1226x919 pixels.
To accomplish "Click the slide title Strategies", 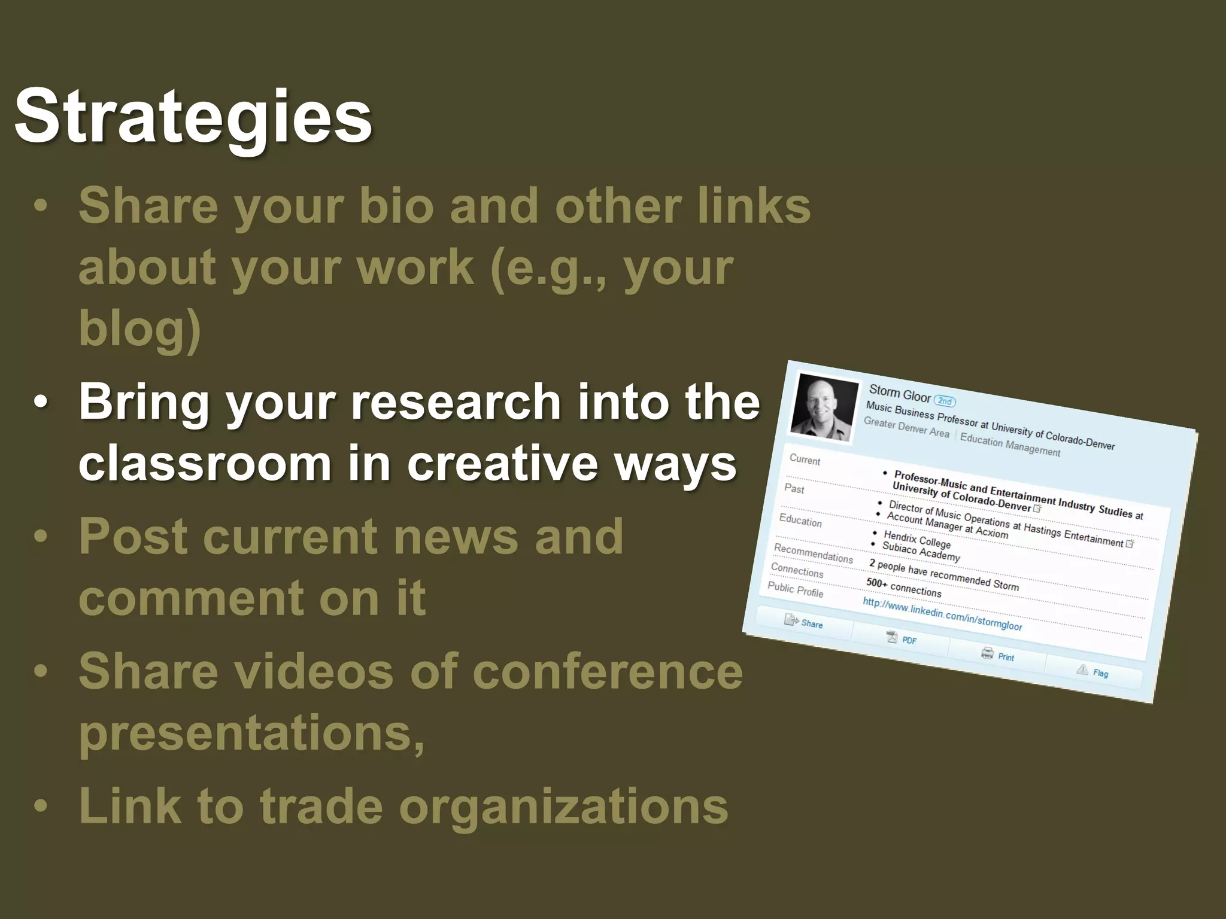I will pos(193,117).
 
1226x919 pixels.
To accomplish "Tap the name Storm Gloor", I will pos(899,393).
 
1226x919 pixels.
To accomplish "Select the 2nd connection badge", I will pos(945,401).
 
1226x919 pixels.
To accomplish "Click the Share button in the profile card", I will pos(804,622).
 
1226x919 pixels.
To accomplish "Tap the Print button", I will pos(998,655).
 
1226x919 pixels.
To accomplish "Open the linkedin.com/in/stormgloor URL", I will pos(942,614).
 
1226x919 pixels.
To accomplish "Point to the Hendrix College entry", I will pos(917,539).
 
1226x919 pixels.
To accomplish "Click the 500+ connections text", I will pos(903,587).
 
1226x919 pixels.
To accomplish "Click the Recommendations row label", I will pos(813,553).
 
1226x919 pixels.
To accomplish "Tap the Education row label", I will pos(800,521).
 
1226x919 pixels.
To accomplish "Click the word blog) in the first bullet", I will pos(139,328).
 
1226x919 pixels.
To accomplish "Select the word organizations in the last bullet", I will pos(563,806).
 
